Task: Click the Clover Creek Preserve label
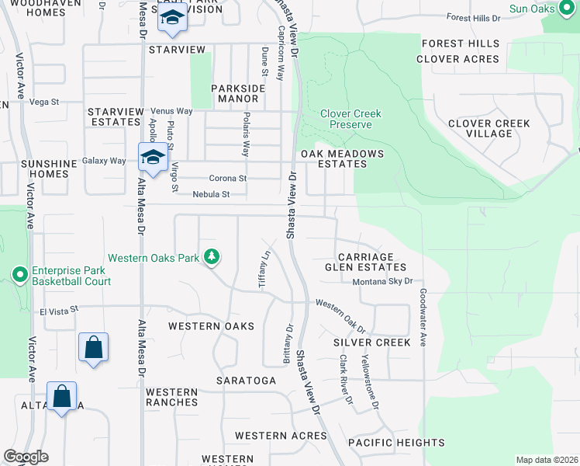(x=350, y=119)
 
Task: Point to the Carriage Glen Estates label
(x=365, y=262)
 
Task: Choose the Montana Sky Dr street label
(x=382, y=282)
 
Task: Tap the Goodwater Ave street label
(x=423, y=318)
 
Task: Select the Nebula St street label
(x=212, y=194)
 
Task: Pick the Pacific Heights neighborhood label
(x=395, y=443)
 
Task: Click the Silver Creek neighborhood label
(x=371, y=343)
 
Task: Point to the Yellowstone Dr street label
(x=370, y=384)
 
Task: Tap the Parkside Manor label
(x=238, y=94)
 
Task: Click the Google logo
(x=26, y=457)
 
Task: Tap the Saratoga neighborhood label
(x=247, y=381)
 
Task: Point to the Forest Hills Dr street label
(x=474, y=18)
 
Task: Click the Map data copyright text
(x=547, y=460)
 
